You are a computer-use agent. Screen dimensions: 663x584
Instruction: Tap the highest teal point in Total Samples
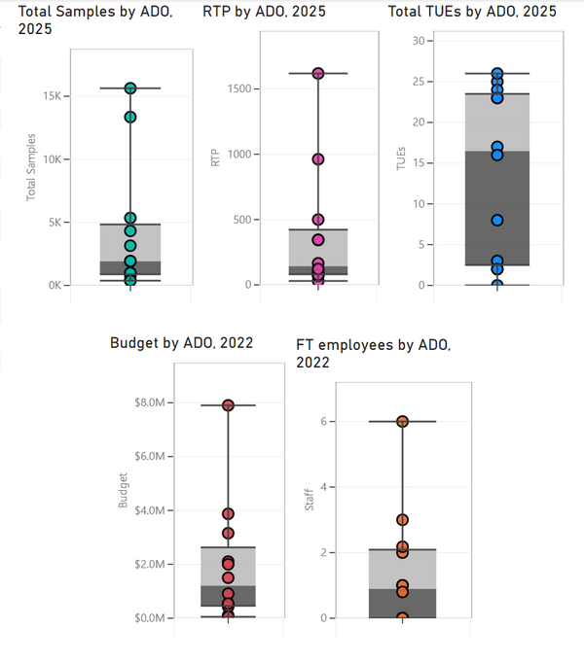129,88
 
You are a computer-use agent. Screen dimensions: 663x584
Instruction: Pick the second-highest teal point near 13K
129,117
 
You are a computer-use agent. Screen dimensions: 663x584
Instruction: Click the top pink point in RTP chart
318,73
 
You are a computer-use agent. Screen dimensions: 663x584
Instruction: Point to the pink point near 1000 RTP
318,159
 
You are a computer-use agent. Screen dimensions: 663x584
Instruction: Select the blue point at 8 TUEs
497,220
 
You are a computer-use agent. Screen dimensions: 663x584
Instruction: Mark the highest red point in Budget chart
228,405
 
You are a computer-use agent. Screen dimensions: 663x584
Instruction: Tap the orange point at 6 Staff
402,421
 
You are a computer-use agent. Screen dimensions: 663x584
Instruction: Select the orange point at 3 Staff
402,520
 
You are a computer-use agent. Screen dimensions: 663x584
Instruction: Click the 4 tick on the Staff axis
323,487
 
